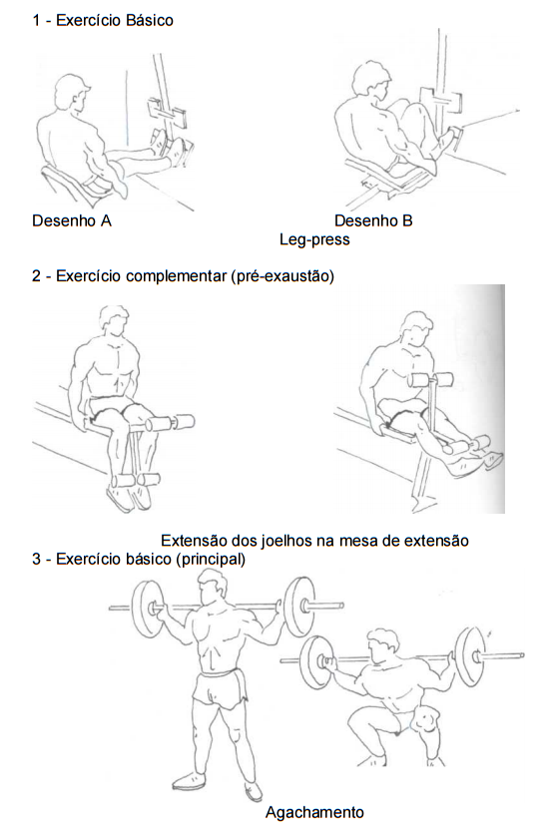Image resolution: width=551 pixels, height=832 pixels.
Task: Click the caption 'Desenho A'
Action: click(72, 220)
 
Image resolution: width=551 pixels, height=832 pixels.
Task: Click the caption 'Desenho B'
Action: click(373, 220)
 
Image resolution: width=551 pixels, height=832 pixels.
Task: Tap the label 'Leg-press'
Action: click(314, 239)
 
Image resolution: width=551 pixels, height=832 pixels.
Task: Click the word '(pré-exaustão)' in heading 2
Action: click(282, 276)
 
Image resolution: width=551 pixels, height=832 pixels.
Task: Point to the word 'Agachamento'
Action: click(314, 812)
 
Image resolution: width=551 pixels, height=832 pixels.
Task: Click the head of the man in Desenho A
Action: click(72, 93)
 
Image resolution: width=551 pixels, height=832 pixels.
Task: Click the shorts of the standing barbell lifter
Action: click(220, 688)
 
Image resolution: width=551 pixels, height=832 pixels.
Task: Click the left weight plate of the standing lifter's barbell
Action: click(146, 609)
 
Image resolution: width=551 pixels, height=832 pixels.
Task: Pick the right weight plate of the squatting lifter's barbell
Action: click(470, 656)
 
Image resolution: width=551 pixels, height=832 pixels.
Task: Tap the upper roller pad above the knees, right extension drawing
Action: click(430, 380)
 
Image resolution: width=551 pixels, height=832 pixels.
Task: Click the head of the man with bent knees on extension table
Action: click(114, 320)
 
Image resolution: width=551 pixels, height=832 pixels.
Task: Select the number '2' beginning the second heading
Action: click(36, 276)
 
